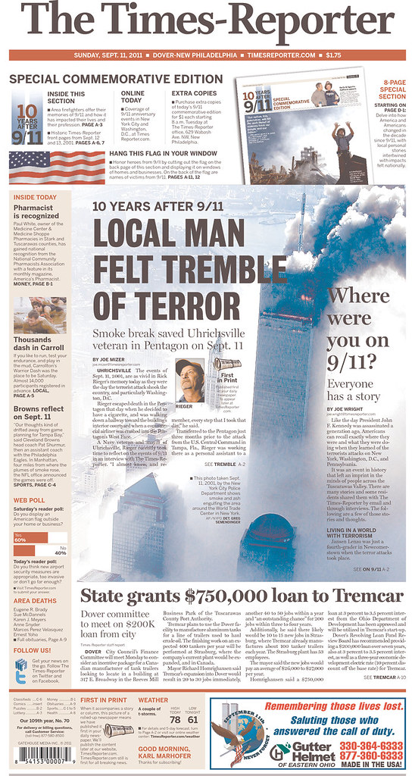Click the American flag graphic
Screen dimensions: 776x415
tap(45, 167)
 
